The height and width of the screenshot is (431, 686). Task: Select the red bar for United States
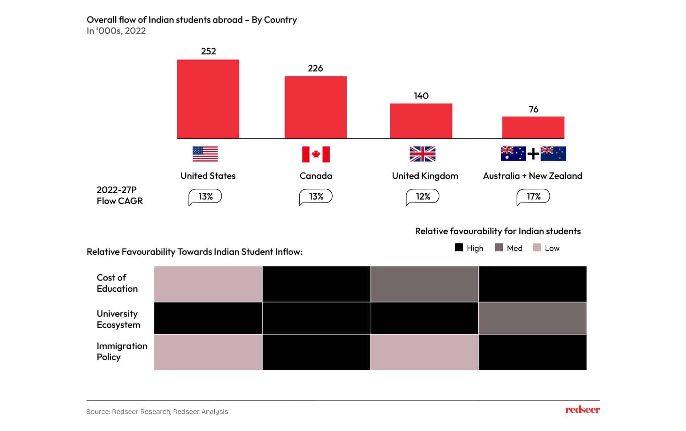coord(208,99)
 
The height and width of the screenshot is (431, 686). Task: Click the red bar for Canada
coord(316,107)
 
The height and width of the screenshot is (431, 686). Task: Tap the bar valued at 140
coord(421,121)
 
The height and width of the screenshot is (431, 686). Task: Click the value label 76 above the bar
coord(533,109)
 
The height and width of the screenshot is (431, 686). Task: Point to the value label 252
coord(208,51)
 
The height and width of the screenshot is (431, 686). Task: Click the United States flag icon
coord(205,154)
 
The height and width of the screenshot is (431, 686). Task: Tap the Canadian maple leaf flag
coord(316,154)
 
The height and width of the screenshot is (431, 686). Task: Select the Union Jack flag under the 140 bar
coord(422,154)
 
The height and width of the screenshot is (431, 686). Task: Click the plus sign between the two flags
coord(533,154)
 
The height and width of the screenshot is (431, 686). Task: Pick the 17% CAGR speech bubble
coord(533,196)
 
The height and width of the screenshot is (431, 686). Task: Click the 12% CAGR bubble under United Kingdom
coord(423,196)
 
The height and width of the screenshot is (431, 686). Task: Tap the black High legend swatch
coord(459,248)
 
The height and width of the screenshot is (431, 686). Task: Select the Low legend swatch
coord(537,248)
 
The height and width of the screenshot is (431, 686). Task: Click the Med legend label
coord(514,248)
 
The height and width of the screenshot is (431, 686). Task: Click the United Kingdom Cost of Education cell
coord(424,284)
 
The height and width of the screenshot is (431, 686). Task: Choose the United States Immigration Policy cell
coord(208,352)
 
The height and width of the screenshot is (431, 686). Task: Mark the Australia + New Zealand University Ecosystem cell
coord(532,318)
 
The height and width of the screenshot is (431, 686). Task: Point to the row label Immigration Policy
coord(122,351)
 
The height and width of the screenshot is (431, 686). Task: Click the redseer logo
coord(582,410)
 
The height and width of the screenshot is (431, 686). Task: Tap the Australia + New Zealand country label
coord(532,176)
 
